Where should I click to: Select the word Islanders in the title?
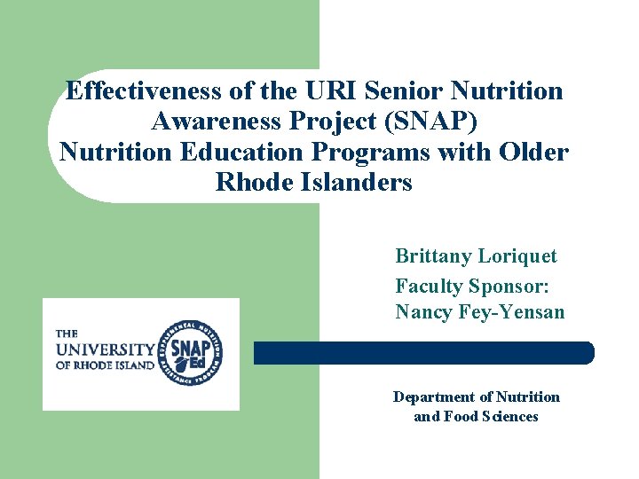pos(355,183)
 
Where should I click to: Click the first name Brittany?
pos(433,256)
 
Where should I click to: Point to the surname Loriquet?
pos(517,256)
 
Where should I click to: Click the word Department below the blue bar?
pos(434,397)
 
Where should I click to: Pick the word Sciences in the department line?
pos(509,416)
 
